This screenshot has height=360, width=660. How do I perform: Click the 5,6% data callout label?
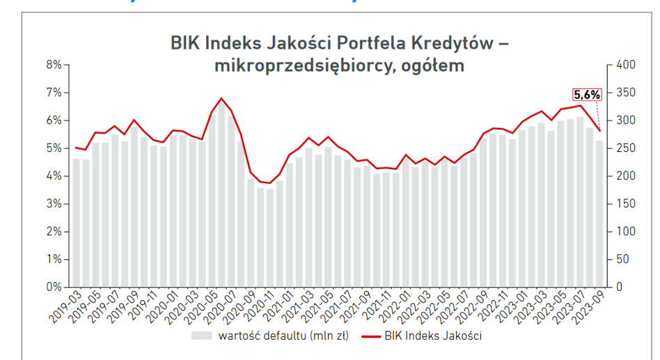pyautogui.click(x=586, y=95)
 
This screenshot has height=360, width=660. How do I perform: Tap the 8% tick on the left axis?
pyautogui.click(x=54, y=65)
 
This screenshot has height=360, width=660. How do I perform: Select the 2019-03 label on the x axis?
pyautogui.click(x=65, y=305)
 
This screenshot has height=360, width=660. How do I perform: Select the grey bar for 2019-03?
pyautogui.click(x=76, y=223)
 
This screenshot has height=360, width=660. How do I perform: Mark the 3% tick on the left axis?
pyautogui.click(x=54, y=203)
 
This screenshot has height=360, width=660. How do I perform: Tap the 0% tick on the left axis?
pyautogui.click(x=54, y=287)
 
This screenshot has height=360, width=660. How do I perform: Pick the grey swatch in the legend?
pyautogui.click(x=201, y=336)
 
